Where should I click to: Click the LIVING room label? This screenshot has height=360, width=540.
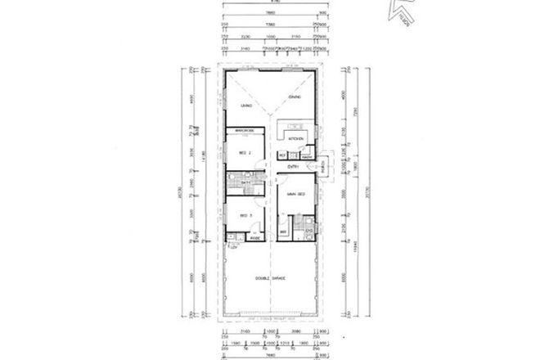coord(244,107)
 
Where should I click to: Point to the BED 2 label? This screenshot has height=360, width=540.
coord(243,153)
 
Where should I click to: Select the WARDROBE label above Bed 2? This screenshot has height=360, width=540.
coord(245,132)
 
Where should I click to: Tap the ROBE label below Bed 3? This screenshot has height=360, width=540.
coord(254,239)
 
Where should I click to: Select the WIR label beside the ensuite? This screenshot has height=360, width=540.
coord(283,232)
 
